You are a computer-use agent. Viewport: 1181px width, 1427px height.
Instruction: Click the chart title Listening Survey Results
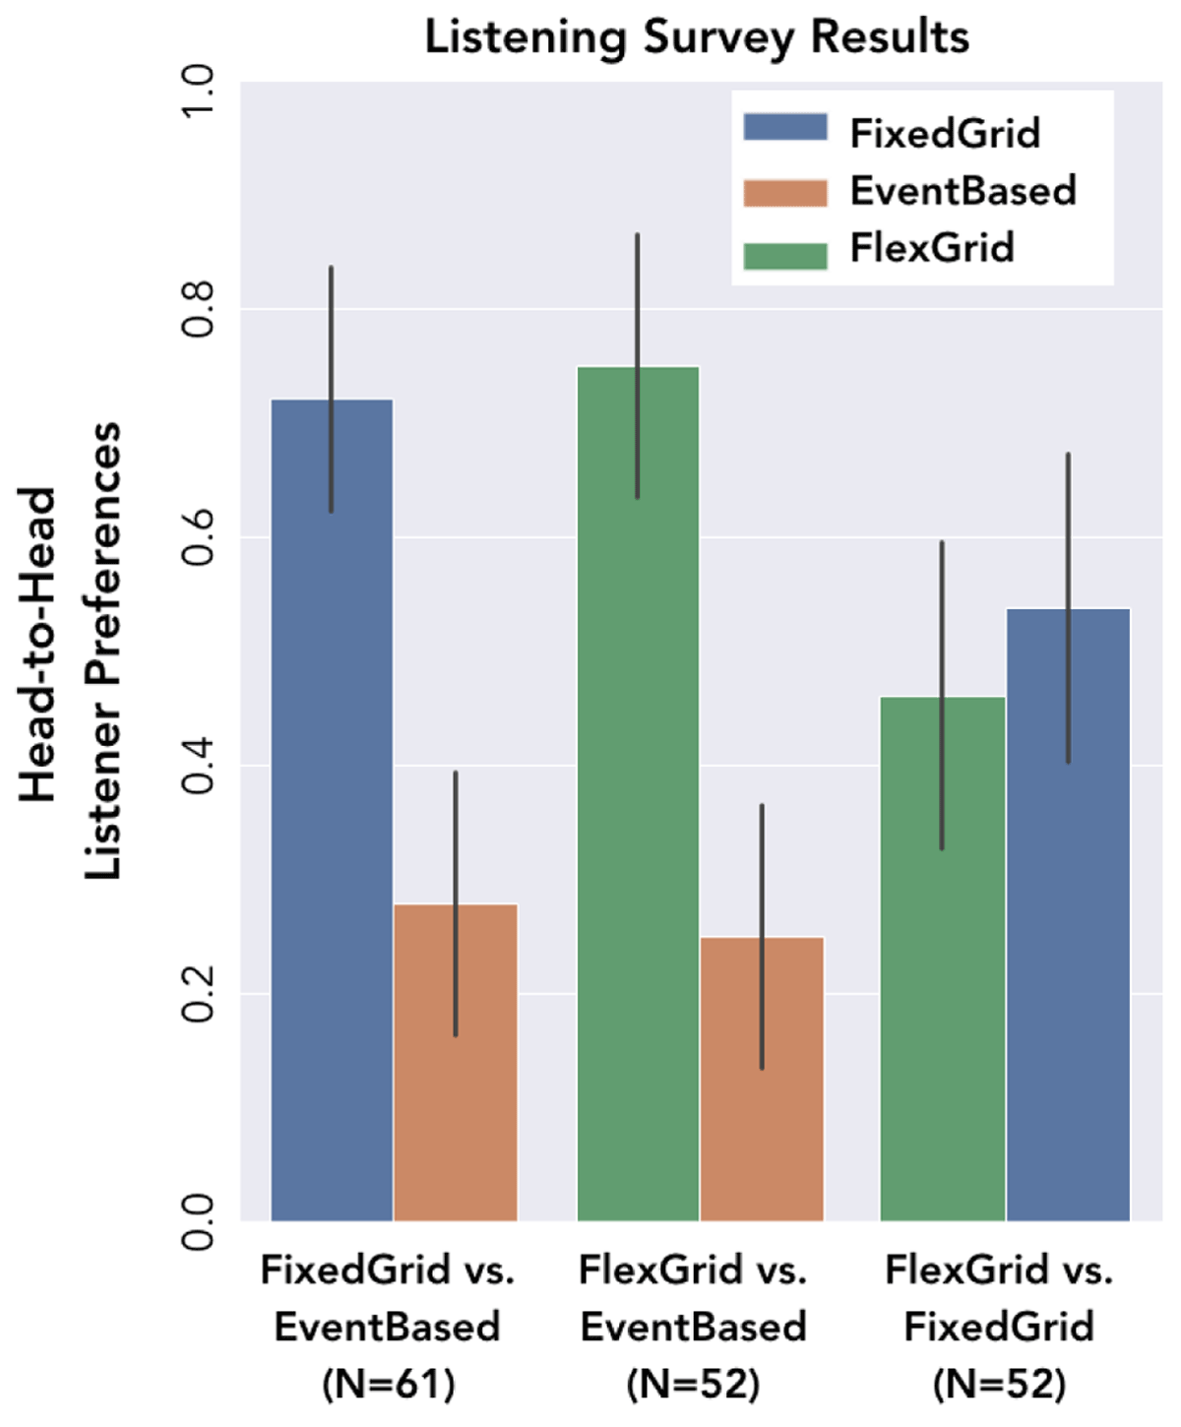(697, 37)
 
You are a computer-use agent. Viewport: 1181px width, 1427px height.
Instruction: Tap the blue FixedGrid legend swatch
(784, 128)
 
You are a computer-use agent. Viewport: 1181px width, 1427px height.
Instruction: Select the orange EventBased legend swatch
(784, 191)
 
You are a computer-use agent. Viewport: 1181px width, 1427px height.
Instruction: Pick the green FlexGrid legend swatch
(784, 254)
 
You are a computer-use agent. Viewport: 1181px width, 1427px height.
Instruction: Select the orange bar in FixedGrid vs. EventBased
(456, 1083)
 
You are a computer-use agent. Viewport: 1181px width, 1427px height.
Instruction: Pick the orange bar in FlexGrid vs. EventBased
(762, 1092)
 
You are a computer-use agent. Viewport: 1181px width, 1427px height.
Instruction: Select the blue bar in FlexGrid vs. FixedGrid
(1068, 935)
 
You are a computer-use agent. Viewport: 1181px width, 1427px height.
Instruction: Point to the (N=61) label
(388, 1385)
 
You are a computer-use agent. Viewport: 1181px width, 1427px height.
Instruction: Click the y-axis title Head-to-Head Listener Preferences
(71, 650)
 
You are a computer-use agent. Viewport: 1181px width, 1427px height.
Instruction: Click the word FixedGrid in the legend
(945, 133)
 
